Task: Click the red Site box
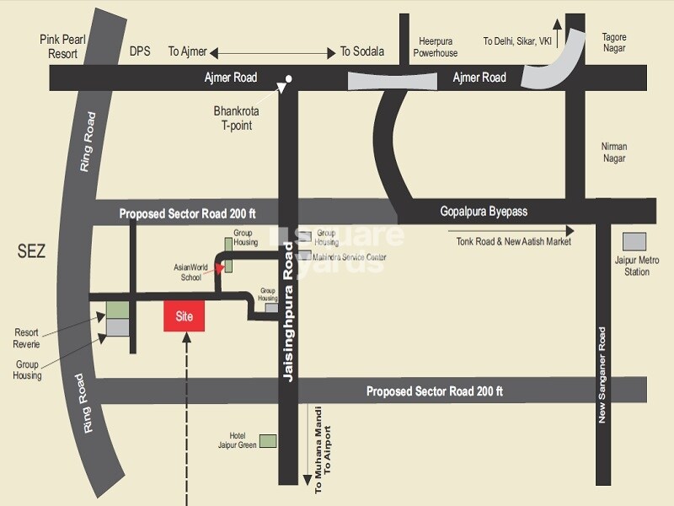(185, 316)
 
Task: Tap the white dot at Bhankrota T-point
(289, 80)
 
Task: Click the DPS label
(140, 51)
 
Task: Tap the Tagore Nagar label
(614, 42)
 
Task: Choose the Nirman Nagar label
(614, 152)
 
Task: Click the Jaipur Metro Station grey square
(634, 240)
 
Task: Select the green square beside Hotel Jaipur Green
(268, 440)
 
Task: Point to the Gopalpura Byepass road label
(484, 212)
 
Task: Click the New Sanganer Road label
(602, 375)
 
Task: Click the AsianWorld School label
(190, 272)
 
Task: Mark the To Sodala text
(362, 51)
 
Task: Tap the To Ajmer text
(187, 51)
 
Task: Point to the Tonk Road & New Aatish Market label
(514, 242)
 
